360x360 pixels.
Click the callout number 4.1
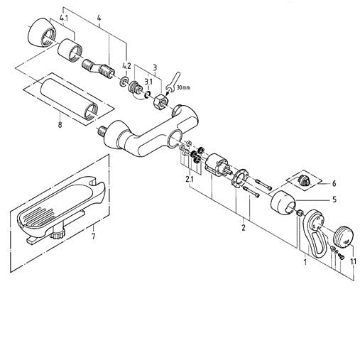click(x=64, y=18)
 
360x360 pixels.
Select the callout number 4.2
click(x=126, y=66)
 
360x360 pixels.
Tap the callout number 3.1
click(x=148, y=82)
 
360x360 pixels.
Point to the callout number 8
click(x=60, y=124)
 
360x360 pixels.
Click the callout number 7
click(x=94, y=236)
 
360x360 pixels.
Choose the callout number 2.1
click(x=190, y=179)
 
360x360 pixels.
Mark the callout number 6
click(x=334, y=183)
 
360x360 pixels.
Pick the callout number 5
click(x=334, y=200)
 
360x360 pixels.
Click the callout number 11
click(x=353, y=261)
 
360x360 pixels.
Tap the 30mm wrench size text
click(x=183, y=87)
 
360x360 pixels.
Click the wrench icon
click(x=173, y=82)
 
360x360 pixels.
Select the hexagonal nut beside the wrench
click(x=160, y=101)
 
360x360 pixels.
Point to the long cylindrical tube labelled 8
click(x=69, y=99)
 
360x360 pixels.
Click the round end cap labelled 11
click(x=344, y=237)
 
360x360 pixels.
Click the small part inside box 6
click(x=303, y=180)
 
